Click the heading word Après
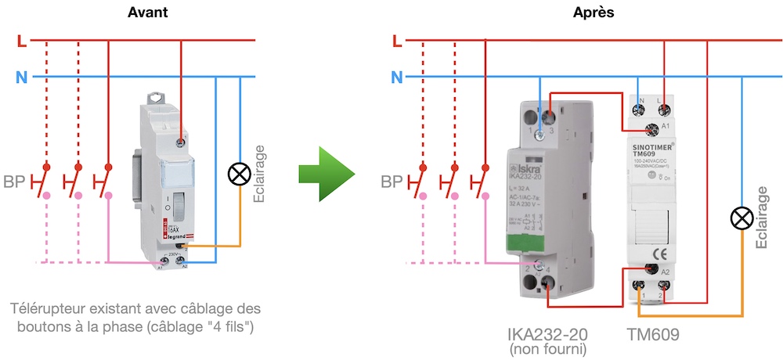tap(594, 13)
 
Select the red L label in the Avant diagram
tap(21, 40)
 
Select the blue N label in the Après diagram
tap(397, 77)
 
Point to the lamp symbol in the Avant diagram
tap(237, 174)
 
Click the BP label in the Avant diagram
tap(14, 183)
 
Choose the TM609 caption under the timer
tap(653, 334)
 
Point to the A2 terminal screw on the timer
tap(649, 270)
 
